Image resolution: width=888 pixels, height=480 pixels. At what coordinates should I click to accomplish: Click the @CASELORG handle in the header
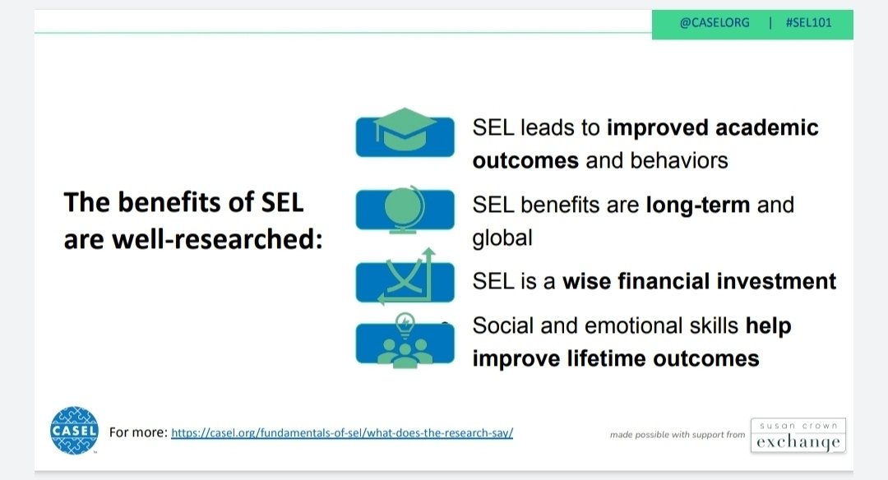[715, 23]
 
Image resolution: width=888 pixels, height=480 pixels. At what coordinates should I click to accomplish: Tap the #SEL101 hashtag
[809, 23]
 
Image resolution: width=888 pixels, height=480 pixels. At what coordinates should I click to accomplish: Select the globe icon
[405, 209]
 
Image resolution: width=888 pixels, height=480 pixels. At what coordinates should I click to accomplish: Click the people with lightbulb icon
[405, 341]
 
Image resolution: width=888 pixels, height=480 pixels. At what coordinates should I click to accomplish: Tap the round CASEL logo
[74, 431]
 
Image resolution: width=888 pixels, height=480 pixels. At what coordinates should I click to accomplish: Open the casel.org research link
[342, 433]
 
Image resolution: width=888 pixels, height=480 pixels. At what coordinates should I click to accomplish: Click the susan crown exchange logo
[798, 436]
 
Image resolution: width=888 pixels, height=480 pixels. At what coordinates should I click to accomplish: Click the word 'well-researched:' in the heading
[217, 239]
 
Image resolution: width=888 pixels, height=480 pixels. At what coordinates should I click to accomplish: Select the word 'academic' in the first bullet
[767, 128]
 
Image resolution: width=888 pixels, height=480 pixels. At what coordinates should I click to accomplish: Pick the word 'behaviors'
[679, 161]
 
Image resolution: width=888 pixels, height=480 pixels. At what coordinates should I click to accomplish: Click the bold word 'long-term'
[698, 205]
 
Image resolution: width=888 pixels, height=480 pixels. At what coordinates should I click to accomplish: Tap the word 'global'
[502, 238]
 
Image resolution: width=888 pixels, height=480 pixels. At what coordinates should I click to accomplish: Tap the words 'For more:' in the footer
[138, 432]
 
